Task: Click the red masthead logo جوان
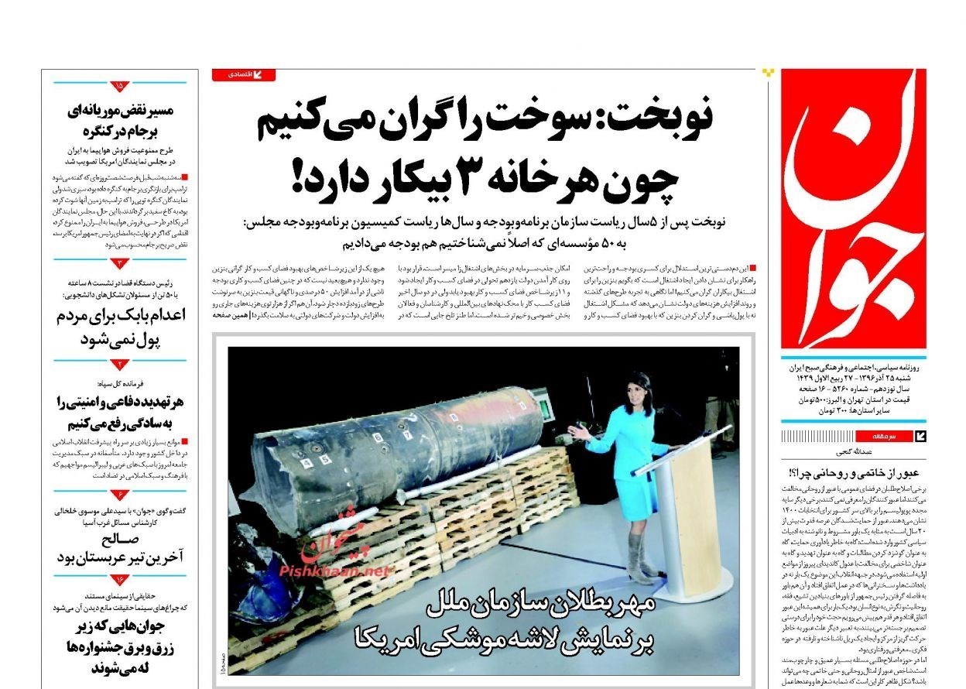pyautogui.click(x=853, y=209)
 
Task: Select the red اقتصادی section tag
pyautogui.click(x=243, y=75)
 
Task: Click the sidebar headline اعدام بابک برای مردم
pyautogui.click(x=120, y=317)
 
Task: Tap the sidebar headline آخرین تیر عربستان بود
pyautogui.click(x=120, y=558)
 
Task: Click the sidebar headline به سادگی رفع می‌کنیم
pyautogui.click(x=120, y=423)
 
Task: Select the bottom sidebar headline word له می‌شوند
pyautogui.click(x=116, y=667)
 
